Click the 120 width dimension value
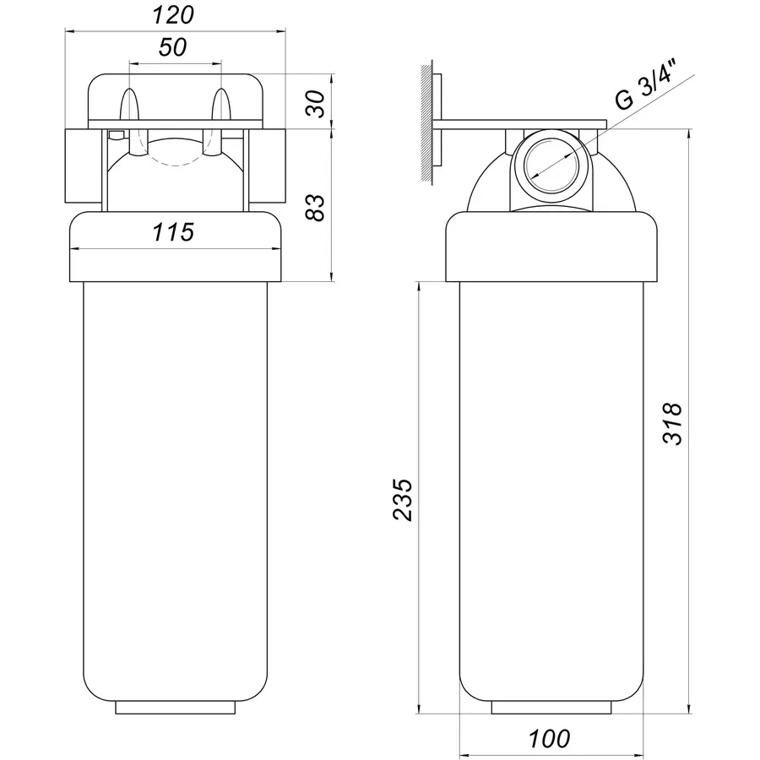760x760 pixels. tap(173, 15)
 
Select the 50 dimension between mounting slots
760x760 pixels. tap(172, 47)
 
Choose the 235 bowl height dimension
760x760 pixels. tap(402, 500)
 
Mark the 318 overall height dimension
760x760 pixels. tap(672, 423)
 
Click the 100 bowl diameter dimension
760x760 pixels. tap(549, 739)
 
